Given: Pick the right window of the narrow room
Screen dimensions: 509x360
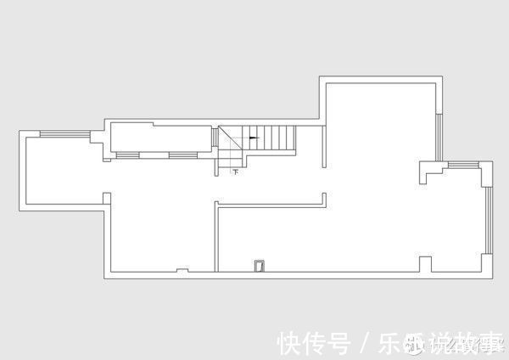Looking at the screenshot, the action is click(181, 155).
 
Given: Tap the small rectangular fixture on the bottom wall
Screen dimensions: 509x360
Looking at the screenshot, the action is click(259, 267).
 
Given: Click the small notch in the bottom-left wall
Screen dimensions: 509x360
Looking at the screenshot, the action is click(182, 271).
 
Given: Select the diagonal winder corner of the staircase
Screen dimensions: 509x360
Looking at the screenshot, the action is click(229, 140).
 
